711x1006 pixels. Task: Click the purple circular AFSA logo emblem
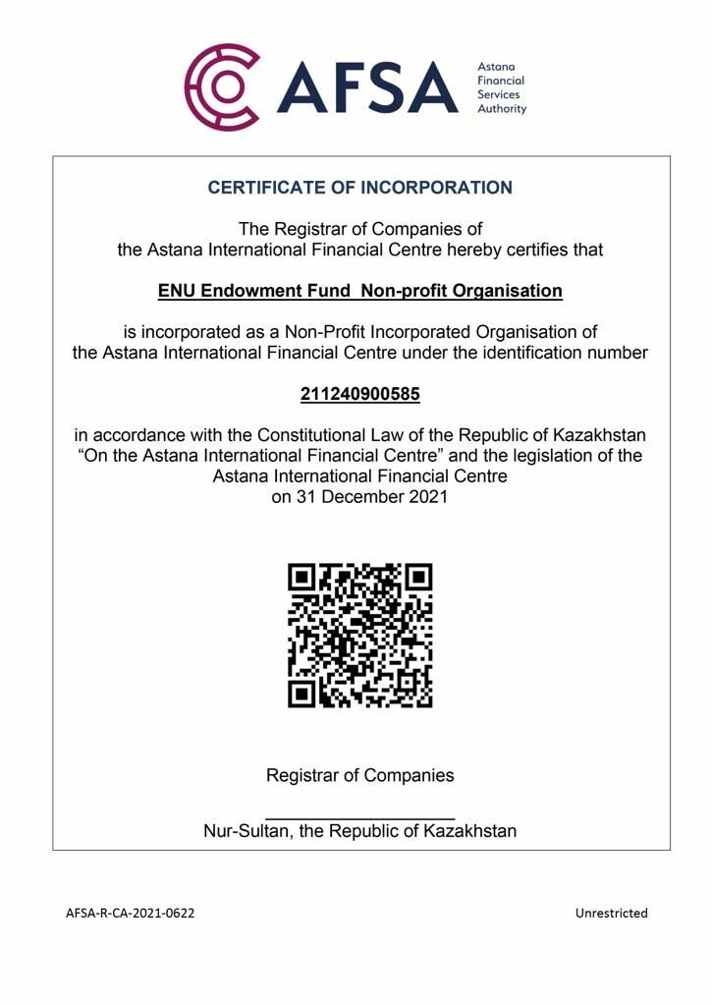tap(222, 86)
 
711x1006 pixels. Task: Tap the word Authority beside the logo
tap(502, 108)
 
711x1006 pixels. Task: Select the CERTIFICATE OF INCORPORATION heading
tap(360, 188)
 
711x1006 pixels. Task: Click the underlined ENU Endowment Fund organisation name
tap(360, 291)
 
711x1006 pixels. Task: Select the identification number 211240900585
tap(360, 394)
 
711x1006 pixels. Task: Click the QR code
tap(360, 635)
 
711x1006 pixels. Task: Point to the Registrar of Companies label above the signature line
tap(360, 775)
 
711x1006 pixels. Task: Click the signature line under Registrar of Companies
tap(360, 817)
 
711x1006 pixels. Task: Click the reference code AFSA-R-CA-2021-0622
tap(131, 913)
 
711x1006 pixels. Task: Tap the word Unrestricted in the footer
tap(611, 913)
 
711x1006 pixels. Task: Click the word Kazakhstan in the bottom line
tap(469, 831)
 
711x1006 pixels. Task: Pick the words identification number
tap(571, 353)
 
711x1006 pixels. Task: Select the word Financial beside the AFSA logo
tap(501, 81)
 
